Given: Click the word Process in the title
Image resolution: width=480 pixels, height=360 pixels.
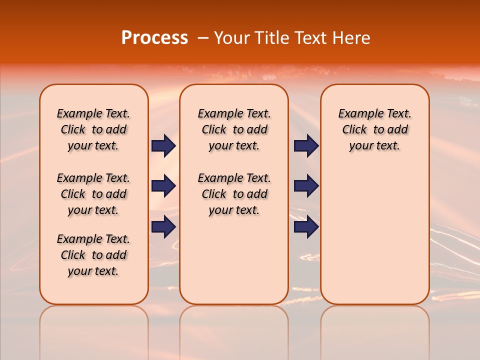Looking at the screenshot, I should coord(154,38).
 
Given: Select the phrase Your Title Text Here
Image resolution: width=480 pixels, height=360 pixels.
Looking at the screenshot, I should coord(292,38).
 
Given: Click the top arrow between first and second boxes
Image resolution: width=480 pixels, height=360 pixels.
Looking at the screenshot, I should coord(163,146).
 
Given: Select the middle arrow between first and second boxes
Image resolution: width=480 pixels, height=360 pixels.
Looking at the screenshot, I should coord(163,186).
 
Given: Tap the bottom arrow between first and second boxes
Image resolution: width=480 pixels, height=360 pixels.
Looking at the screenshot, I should coord(163,227).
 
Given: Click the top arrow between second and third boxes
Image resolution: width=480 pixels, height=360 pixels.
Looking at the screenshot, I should coord(306,146).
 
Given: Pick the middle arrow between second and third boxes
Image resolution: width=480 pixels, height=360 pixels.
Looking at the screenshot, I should coord(306,186).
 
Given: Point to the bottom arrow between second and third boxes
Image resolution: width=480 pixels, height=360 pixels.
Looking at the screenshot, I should coord(306,227).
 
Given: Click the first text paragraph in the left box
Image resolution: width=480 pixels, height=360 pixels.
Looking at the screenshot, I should coord(93,129).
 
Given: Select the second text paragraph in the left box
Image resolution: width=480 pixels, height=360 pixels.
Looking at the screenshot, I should coord(93,194).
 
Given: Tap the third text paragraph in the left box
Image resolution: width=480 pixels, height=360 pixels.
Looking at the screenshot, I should coord(93,255).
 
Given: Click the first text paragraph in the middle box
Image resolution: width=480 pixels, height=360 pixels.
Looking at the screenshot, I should coord(234,129).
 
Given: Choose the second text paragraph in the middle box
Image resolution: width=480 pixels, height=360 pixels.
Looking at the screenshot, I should coord(234,194).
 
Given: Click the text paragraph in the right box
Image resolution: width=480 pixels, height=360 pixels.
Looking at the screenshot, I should coord(375,129).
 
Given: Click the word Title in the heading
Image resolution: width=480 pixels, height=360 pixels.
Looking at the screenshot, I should coord(271,38).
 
